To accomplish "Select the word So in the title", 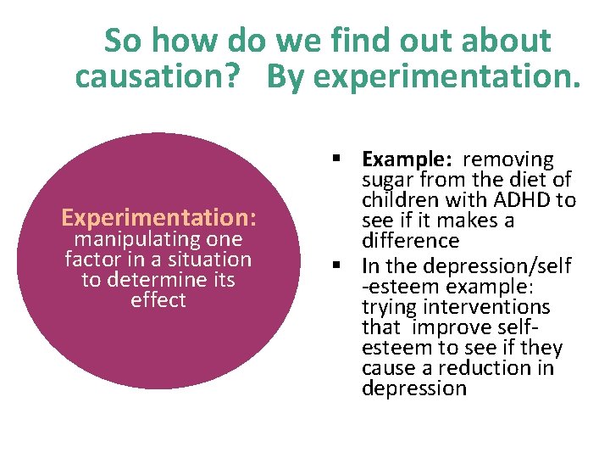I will (123, 40).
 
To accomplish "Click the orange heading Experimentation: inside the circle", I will (158, 218).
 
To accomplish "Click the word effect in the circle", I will (158, 300).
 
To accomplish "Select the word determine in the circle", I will (160, 280).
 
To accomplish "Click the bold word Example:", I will (397, 159).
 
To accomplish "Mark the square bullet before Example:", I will (336, 159).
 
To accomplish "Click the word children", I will (396, 201).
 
